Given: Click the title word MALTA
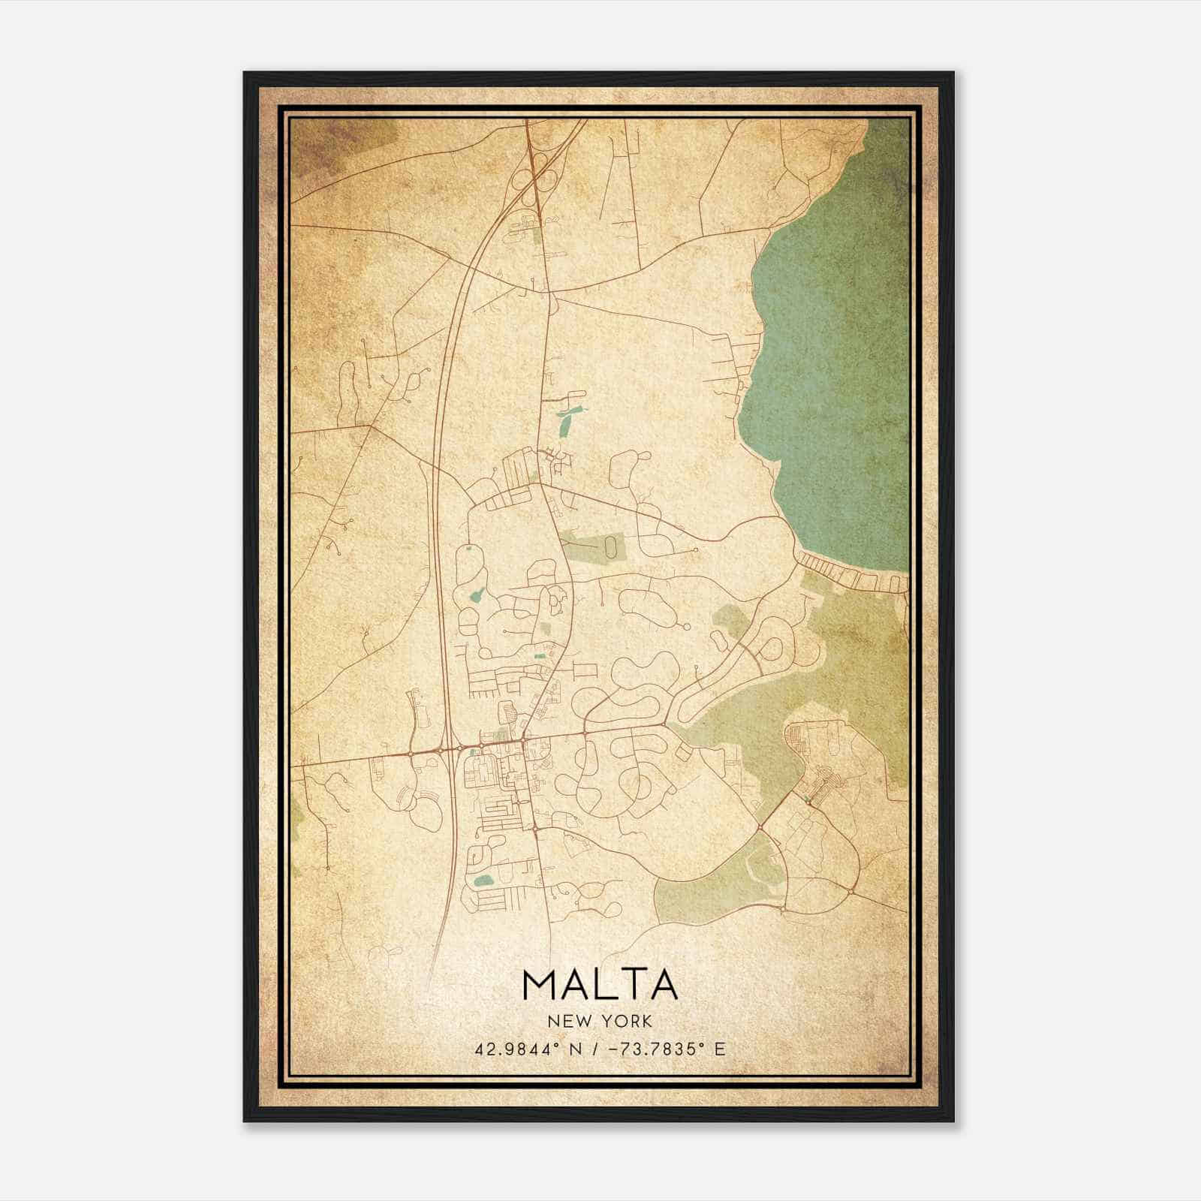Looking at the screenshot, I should click(600, 985).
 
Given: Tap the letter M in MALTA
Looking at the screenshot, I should click(540, 985).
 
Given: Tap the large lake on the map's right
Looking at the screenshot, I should click(833, 338).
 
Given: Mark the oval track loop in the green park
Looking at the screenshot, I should click(614, 546).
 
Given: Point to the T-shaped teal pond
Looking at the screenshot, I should click(565, 420).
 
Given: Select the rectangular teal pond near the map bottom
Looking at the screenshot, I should click(482, 880).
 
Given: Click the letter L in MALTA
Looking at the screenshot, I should click(600, 985).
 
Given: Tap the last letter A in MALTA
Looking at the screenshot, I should click(662, 985).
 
